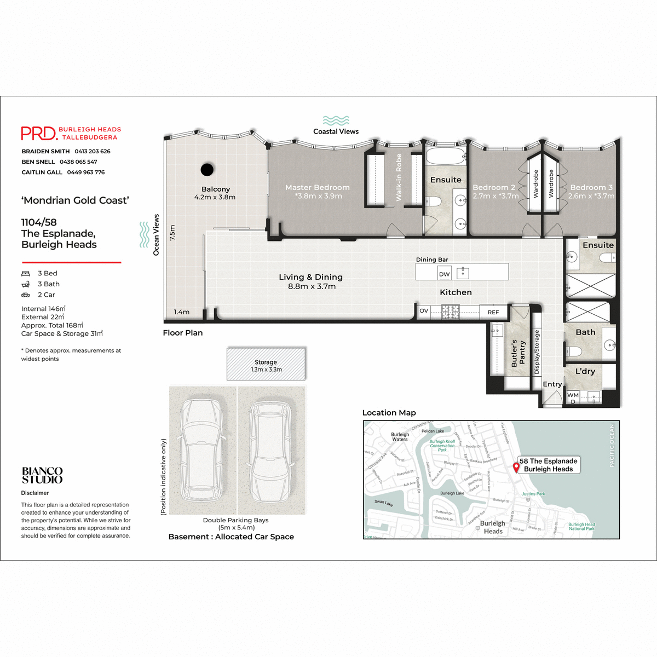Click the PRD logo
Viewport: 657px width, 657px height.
[x=39, y=133]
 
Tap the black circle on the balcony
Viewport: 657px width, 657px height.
[x=207, y=170]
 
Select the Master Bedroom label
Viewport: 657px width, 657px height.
[x=317, y=187]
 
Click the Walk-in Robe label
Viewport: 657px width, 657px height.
[x=399, y=177]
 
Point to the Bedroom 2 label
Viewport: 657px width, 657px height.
[x=494, y=187]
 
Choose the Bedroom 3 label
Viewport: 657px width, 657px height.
[x=591, y=187]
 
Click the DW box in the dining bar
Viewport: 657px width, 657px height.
[x=444, y=274]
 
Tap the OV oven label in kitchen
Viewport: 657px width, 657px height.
[x=424, y=311]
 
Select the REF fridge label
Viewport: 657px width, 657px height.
[x=493, y=312]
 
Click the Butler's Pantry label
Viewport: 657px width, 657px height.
[x=518, y=353]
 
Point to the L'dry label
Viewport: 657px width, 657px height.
[x=585, y=371]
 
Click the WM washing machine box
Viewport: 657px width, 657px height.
[x=573, y=395]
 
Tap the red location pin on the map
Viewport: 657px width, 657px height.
[x=516, y=467]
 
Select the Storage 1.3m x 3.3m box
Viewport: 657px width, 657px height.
[x=266, y=365]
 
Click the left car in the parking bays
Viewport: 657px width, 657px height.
[x=202, y=450]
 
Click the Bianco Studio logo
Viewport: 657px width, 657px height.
[x=42, y=475]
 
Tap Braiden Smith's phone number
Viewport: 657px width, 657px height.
[x=93, y=151]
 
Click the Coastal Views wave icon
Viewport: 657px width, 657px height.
[x=336, y=120]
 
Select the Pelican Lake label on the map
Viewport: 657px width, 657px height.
[x=433, y=431]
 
